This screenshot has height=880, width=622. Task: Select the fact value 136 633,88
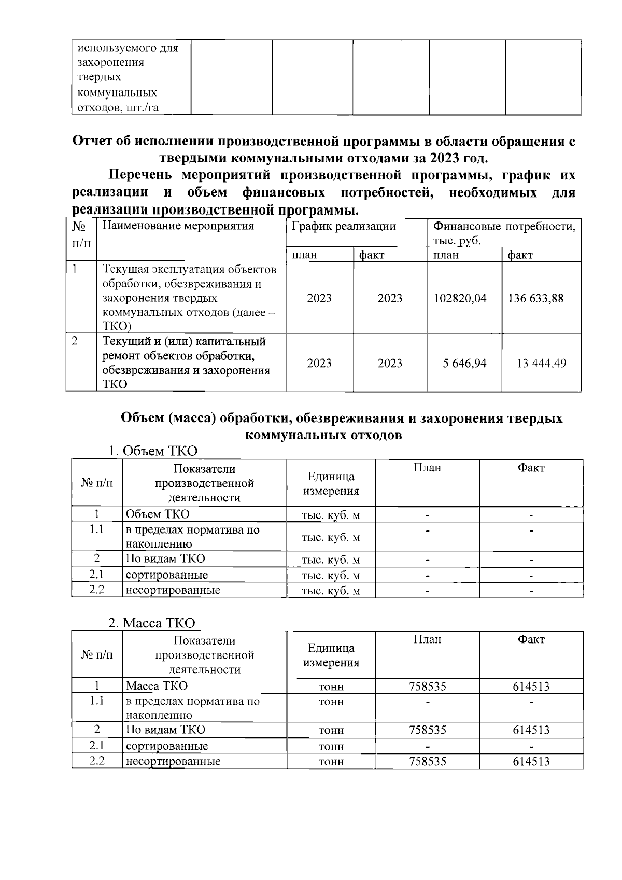535,299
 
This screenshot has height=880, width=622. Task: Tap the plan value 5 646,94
464,364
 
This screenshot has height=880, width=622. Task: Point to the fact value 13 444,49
542,364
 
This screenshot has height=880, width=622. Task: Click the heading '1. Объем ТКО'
153,451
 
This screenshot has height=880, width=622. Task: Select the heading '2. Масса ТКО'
151,623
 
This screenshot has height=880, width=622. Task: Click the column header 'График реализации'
344,227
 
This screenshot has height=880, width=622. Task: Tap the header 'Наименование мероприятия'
178,226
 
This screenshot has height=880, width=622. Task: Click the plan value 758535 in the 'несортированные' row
427,762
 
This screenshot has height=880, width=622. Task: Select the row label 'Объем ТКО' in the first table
158,514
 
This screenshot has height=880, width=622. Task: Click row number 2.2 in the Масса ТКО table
97,761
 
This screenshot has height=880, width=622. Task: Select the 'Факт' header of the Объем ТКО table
531,468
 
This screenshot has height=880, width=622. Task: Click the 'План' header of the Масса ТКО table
427,640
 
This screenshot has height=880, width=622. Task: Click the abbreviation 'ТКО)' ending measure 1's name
117,327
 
